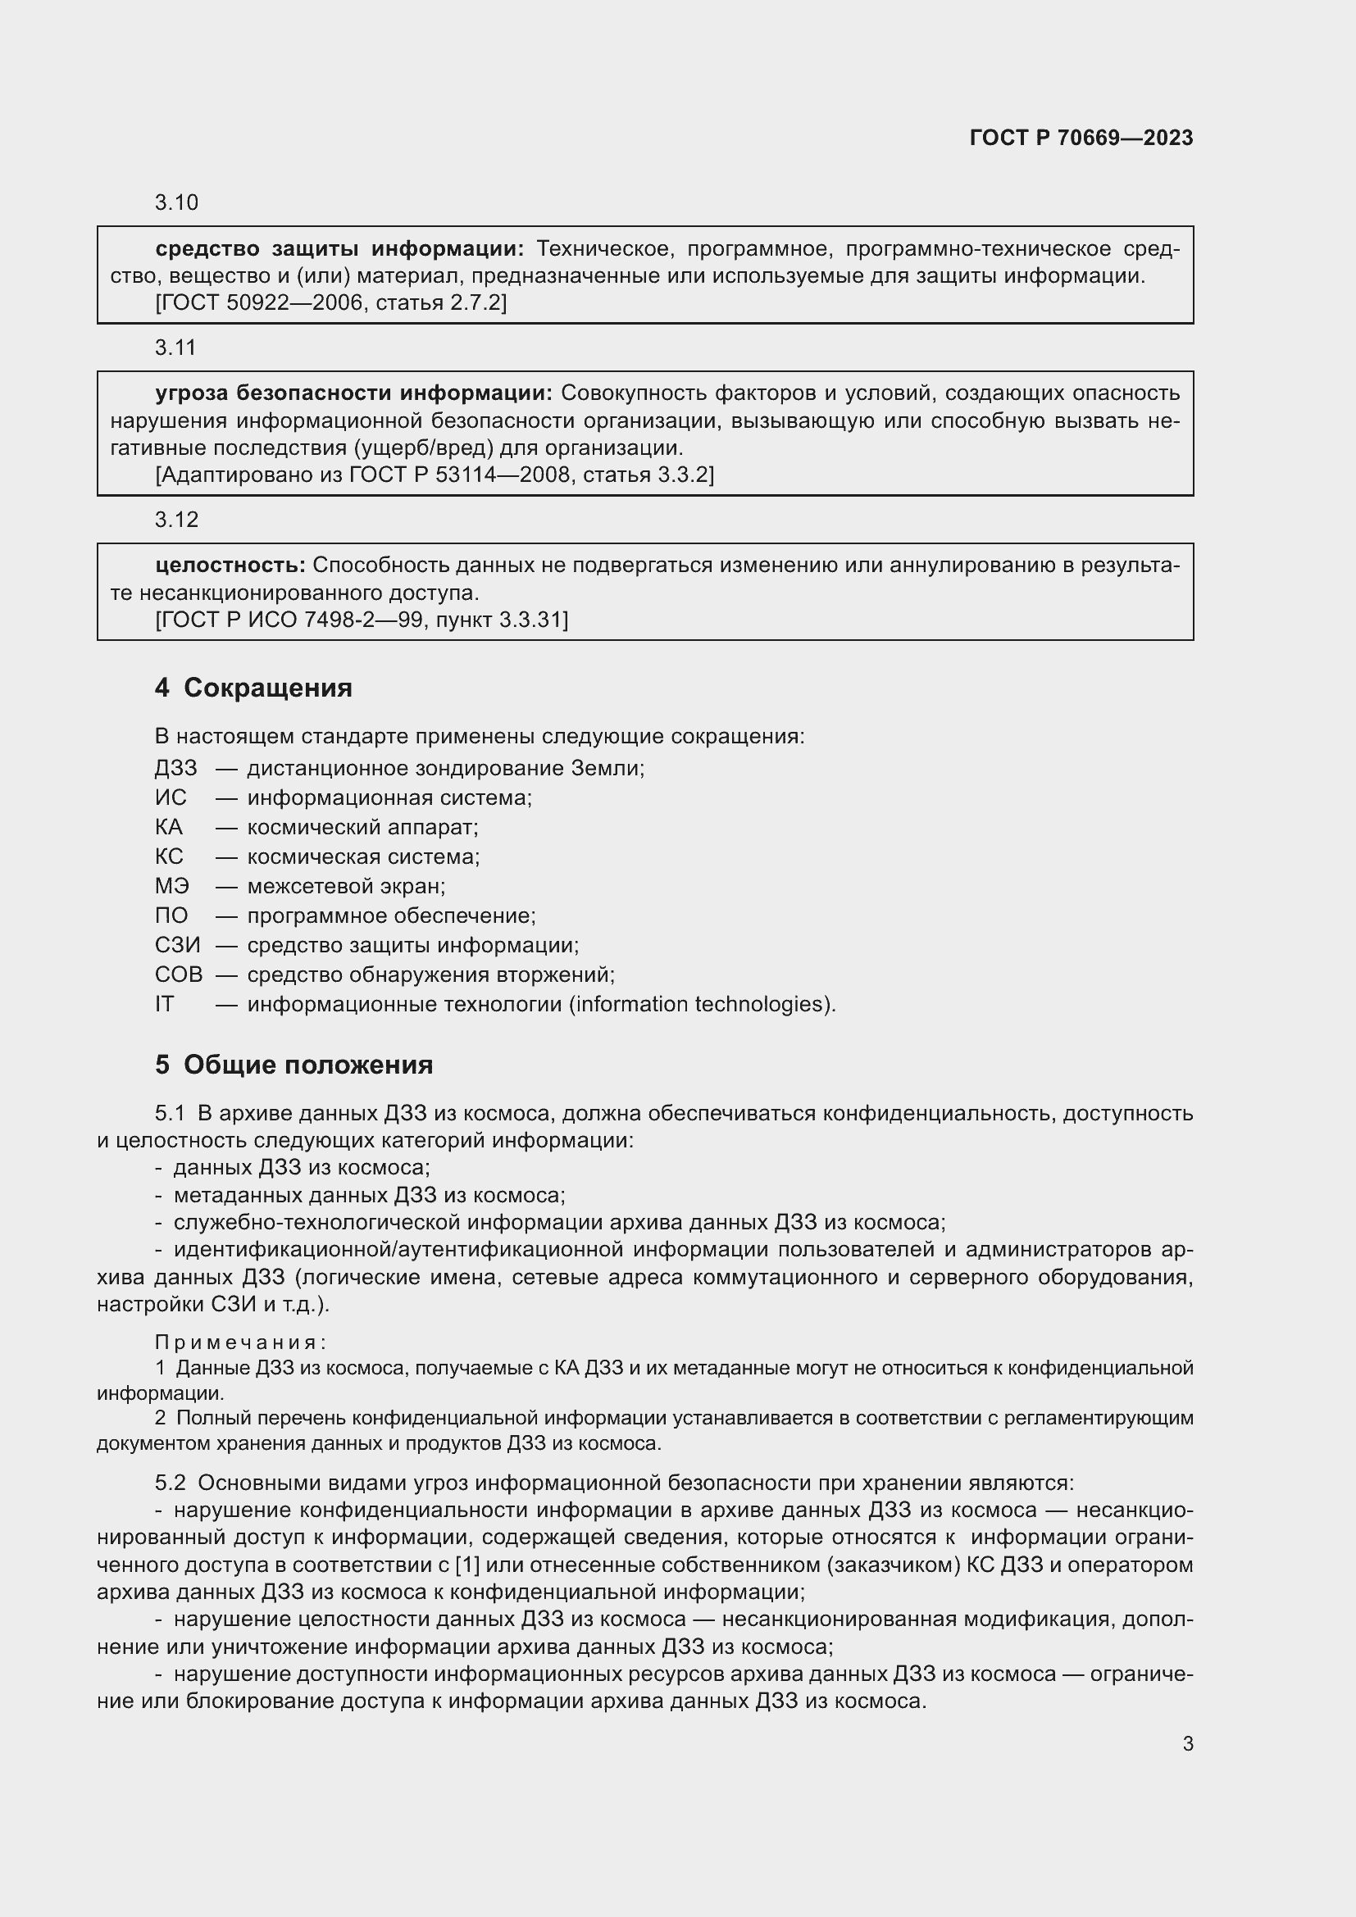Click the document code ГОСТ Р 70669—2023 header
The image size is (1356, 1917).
coord(1081,138)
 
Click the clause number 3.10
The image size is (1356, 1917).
coord(176,203)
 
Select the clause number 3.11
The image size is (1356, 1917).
coord(175,348)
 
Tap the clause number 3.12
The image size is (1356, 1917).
coord(176,520)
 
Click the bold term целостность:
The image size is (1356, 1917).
coord(230,566)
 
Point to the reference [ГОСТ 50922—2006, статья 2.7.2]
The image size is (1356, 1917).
coord(330,302)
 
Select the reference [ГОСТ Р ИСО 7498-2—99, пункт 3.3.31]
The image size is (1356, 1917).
coord(361,620)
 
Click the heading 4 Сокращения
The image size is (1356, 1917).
coord(253,688)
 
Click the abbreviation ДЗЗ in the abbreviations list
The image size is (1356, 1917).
coord(175,768)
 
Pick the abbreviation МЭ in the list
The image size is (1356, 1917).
coord(172,886)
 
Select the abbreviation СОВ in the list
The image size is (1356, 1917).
coord(178,974)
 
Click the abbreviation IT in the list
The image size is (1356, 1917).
coord(165,1004)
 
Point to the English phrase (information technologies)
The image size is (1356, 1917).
coord(702,1004)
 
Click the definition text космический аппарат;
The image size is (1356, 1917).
coord(362,828)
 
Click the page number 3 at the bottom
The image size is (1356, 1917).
coord(1187,1744)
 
